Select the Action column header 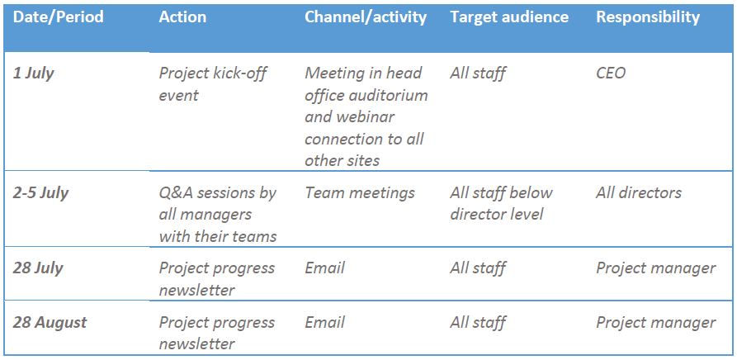coord(182,17)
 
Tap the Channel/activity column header coord(365,17)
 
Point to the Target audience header coord(509,17)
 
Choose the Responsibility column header coord(647,17)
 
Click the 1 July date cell coord(34,73)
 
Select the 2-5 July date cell coord(41,193)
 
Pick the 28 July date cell coord(38,268)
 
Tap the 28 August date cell coord(50,323)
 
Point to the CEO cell coord(611,73)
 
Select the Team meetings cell coord(360,193)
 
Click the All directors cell coord(639,193)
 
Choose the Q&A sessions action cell coord(218,215)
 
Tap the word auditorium coord(387,95)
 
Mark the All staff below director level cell coord(501,204)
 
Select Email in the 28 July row coord(325,268)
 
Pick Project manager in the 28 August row coord(655,323)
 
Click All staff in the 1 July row coord(478,73)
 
